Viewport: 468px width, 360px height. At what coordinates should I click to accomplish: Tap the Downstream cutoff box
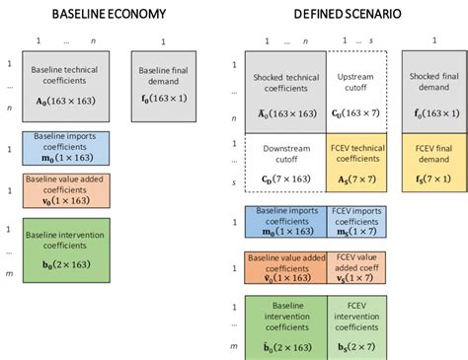(285, 163)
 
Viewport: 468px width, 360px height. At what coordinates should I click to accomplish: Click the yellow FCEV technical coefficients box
(355, 163)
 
